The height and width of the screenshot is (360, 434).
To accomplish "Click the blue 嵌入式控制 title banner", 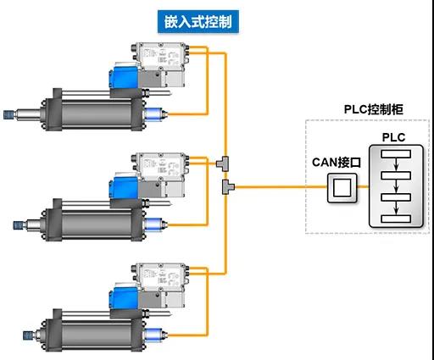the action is [198, 22].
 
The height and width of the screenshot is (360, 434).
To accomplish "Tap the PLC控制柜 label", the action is [374, 109].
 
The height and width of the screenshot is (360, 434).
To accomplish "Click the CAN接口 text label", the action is [337, 163].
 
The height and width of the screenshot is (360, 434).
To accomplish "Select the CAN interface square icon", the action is [342, 188].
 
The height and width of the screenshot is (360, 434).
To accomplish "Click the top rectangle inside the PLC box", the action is [396, 154].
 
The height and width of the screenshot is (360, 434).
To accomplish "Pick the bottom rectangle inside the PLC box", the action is [396, 219].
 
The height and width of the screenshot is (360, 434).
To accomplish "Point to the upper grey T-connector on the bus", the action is [223, 163].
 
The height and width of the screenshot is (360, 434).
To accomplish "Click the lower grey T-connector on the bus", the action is [228, 186].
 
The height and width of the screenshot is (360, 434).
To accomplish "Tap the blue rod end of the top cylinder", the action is [8, 114].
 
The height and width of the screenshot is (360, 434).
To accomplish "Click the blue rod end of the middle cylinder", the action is [19, 224].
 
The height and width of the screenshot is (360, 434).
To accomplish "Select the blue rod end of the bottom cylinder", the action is [28, 335].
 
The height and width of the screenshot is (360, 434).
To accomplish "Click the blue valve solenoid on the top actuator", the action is [124, 75].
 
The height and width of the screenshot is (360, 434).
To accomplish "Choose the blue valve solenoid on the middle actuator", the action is [124, 186].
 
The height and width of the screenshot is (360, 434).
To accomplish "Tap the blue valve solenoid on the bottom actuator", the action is [124, 296].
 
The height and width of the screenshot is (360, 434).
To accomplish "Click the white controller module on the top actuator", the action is [160, 56].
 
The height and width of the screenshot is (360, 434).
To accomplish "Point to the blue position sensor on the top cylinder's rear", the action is [156, 114].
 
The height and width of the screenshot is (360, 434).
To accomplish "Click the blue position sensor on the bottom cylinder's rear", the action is [156, 335].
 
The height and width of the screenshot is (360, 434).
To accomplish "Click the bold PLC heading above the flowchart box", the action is [393, 137].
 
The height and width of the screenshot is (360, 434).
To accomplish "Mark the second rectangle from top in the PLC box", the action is [396, 175].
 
